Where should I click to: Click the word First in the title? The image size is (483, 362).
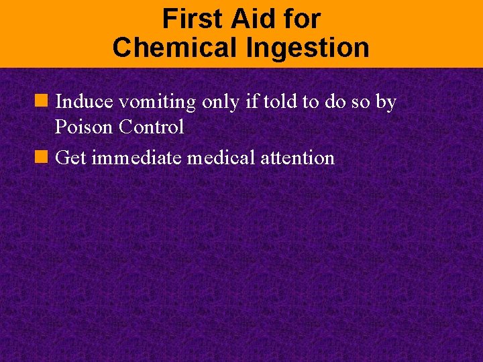click(x=192, y=19)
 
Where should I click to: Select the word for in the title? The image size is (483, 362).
click(x=301, y=19)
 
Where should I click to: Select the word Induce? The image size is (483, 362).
click(x=86, y=102)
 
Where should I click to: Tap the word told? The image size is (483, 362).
click(x=282, y=102)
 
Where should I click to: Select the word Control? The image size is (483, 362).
click(x=152, y=127)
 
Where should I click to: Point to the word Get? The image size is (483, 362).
click(x=70, y=158)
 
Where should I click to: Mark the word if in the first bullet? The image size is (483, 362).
click(x=252, y=102)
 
